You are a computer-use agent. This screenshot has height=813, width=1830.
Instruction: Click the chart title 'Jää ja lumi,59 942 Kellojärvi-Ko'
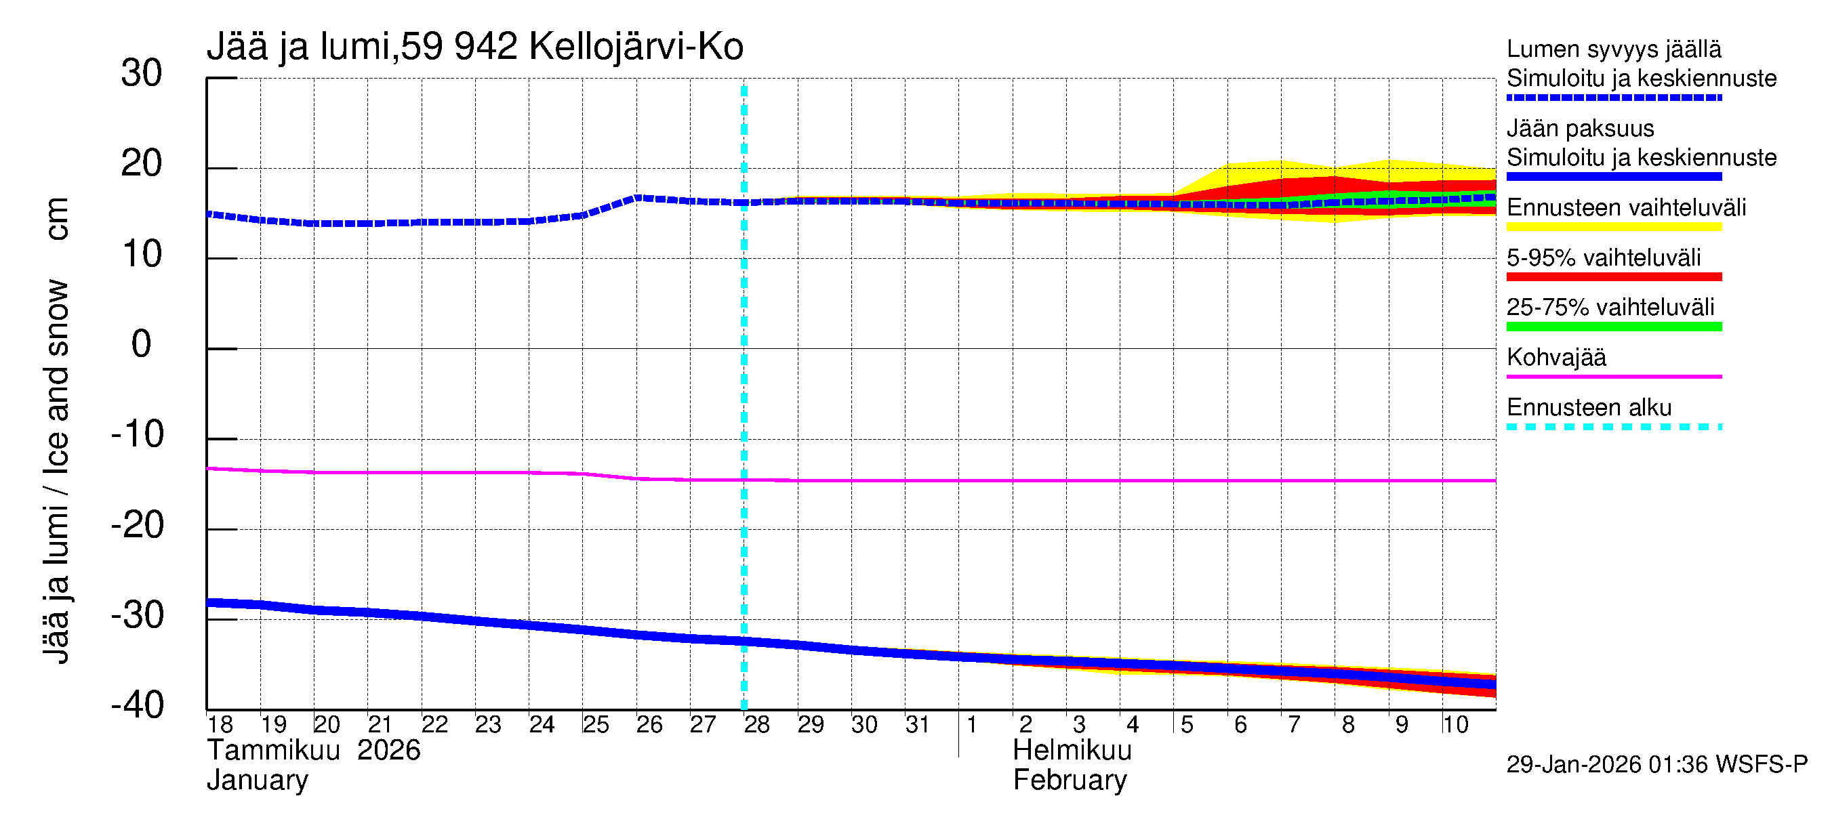tap(474, 47)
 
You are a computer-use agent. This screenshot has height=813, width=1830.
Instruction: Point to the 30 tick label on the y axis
tap(142, 73)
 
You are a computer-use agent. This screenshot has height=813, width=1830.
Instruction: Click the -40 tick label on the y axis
tap(137, 705)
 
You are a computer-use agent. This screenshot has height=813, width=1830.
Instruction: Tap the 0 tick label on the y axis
tap(142, 344)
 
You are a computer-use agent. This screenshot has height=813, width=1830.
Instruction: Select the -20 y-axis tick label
tap(137, 526)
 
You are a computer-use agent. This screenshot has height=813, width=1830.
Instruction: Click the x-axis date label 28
tap(756, 725)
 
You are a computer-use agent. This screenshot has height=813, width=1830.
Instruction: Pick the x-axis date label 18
tap(220, 725)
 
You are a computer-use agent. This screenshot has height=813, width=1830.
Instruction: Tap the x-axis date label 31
tap(918, 725)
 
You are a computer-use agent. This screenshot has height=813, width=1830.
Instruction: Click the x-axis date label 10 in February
tap(1455, 725)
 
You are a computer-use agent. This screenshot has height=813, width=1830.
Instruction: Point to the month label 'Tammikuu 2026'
tap(313, 751)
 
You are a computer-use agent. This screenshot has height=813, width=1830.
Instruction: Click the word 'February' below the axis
tap(1069, 780)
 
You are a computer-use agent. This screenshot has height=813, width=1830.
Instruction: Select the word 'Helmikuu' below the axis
tap(1072, 751)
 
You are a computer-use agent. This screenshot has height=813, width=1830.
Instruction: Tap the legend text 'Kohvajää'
tap(1555, 357)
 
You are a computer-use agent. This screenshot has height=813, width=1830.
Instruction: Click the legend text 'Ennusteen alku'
tap(1589, 408)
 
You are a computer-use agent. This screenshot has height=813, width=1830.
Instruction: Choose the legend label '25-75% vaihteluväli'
tap(1610, 308)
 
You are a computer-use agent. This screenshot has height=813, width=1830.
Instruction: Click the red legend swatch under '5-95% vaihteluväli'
tap(1613, 277)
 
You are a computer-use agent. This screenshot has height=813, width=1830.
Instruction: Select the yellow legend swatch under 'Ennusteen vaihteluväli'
tap(1613, 227)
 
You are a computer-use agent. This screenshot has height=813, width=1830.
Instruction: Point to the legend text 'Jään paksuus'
tap(1580, 129)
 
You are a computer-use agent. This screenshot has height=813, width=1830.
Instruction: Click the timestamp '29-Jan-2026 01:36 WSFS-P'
tap(1656, 765)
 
